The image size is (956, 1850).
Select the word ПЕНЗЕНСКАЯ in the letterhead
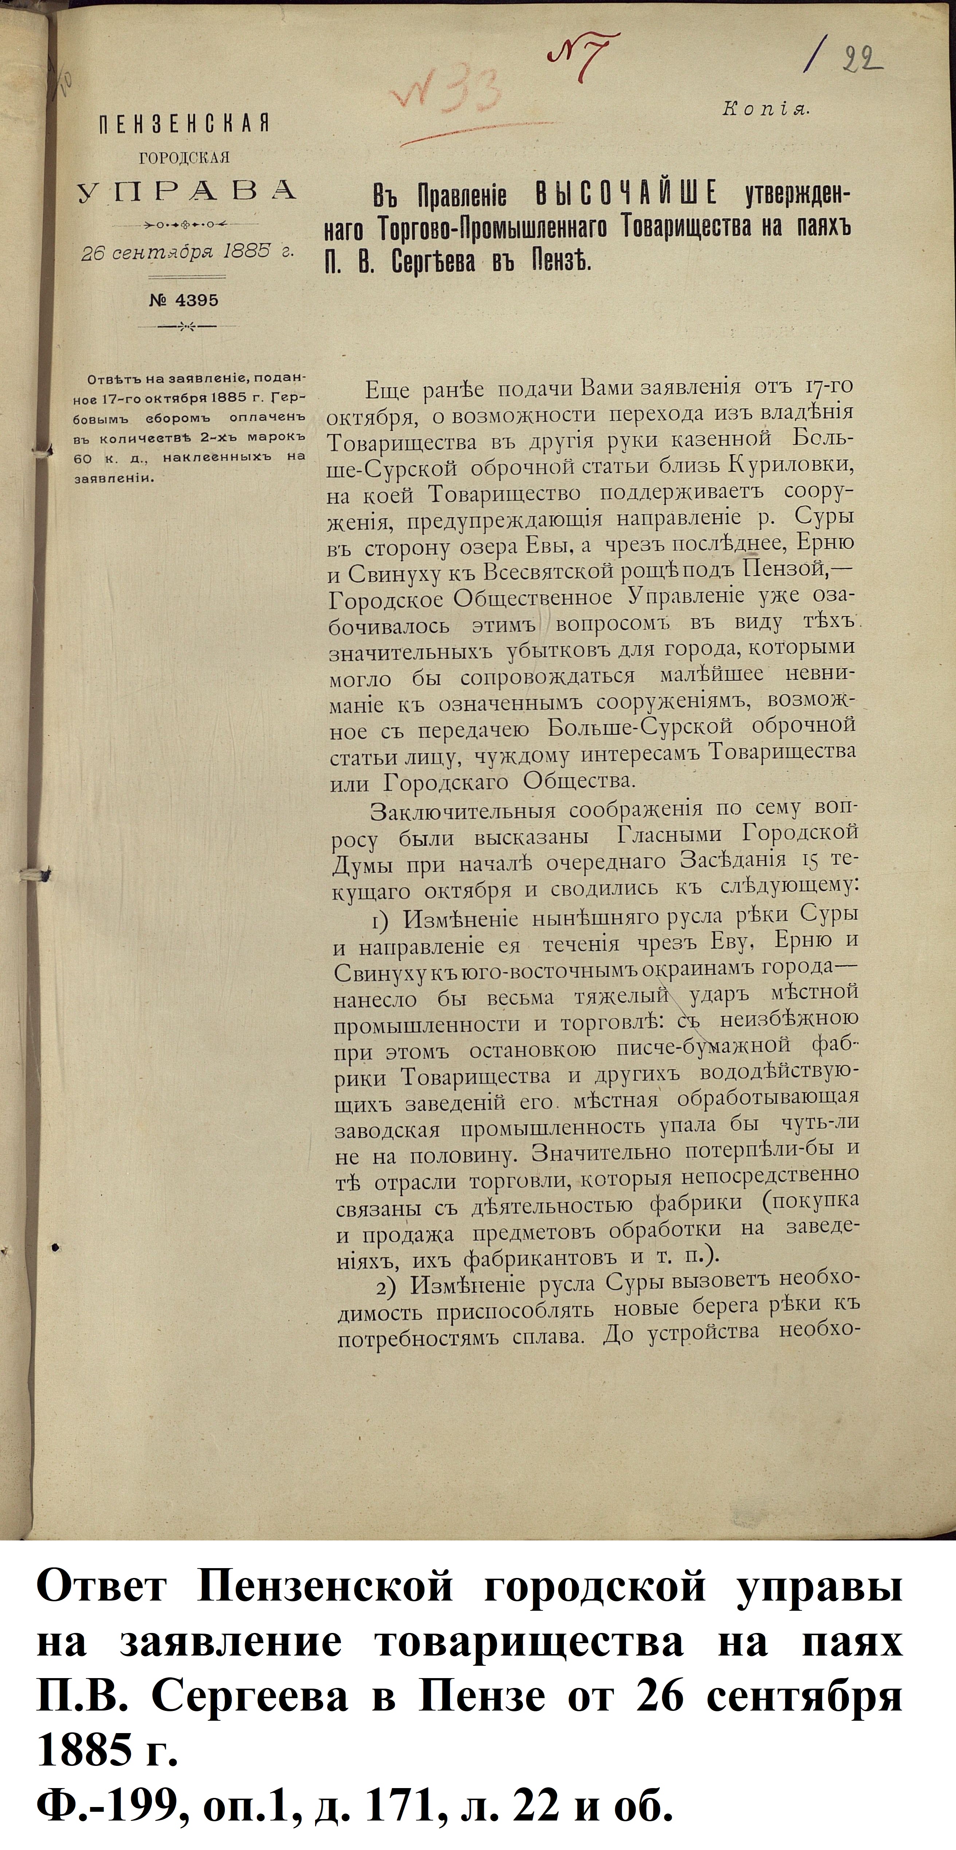(x=185, y=123)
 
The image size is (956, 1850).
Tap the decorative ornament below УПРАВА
(x=185, y=223)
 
